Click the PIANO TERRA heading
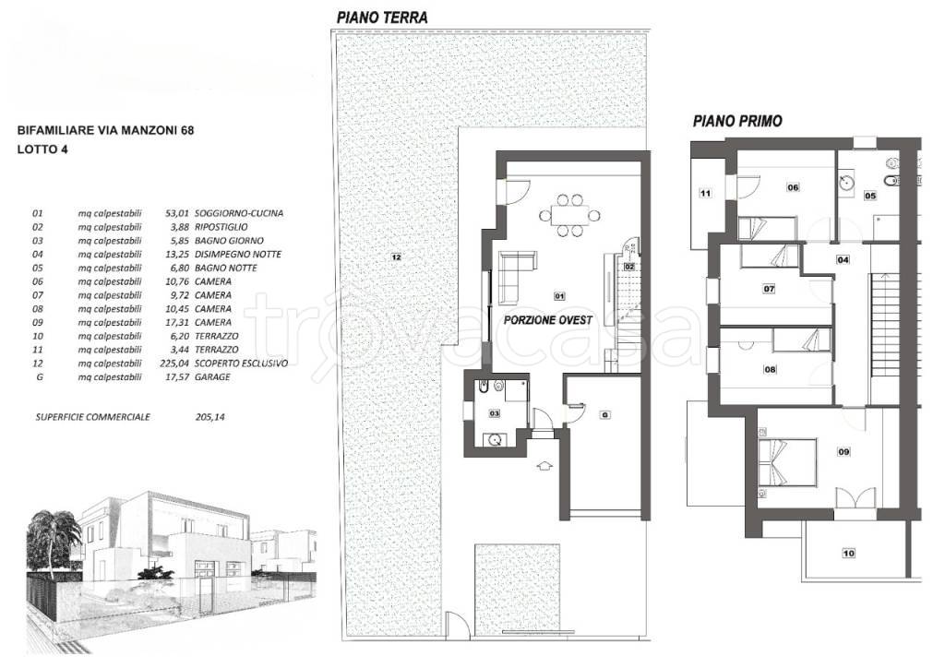coord(382,18)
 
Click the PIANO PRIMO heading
coord(737,121)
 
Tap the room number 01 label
coord(559,296)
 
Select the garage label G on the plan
coord(604,415)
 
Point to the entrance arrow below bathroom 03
coord(544,465)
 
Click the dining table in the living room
coord(569,215)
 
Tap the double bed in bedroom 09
coord(787,463)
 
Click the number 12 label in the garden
coord(396,257)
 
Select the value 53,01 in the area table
coord(177,213)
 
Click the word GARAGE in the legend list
coord(212,377)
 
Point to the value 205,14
coord(210,417)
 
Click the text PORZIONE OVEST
coord(548,320)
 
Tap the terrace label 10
coord(849,553)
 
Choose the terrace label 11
coord(705,194)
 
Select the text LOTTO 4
coord(42,149)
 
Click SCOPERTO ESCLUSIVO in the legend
coord(241,364)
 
